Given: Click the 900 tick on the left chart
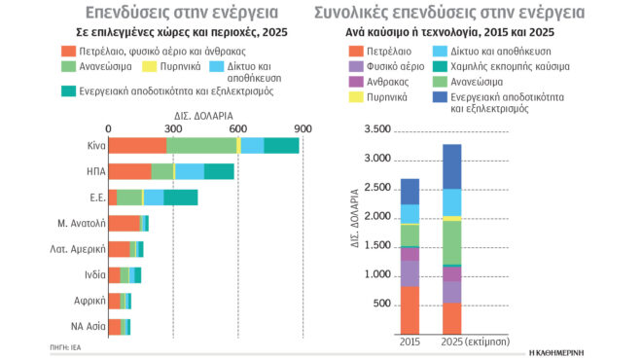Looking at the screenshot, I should click(303, 128).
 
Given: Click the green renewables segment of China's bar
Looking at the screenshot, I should click(201, 146).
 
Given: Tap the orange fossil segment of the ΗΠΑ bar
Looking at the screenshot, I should click(128, 172).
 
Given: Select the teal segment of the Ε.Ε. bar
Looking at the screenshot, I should click(181, 198).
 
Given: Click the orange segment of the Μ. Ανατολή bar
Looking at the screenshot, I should click(124, 224).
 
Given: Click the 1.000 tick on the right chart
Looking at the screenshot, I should click(377, 274).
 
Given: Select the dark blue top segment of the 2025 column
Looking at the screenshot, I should click(451, 166).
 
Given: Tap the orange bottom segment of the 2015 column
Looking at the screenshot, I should click(410, 309).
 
